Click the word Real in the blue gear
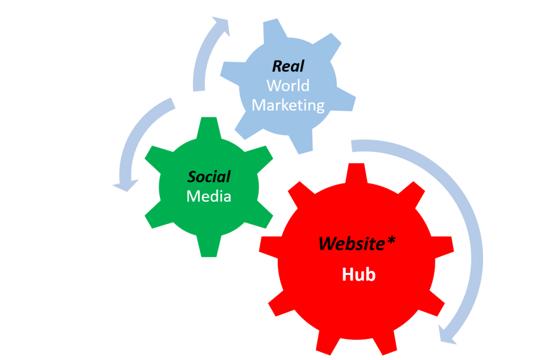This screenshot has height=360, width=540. click(288, 66)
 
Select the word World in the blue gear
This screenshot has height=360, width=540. click(288, 85)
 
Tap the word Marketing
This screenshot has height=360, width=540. click(288, 105)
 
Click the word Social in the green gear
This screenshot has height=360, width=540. click(210, 177)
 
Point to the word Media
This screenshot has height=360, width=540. click(209, 196)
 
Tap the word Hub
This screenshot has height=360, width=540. click(359, 274)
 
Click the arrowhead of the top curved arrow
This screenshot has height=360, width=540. click(221, 27)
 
